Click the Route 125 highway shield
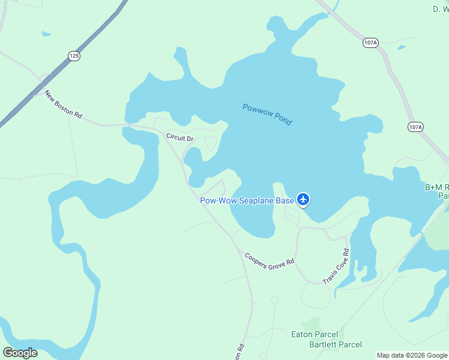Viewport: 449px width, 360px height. point(74,56)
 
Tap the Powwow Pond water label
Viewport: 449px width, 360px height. point(267,115)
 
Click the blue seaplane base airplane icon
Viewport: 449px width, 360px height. point(304,199)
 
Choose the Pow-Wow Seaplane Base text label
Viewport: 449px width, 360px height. point(247,200)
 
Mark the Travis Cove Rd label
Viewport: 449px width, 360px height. point(336,266)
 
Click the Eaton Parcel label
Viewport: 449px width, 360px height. point(314,334)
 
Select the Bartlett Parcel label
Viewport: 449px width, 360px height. point(336,344)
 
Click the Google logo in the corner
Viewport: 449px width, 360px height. point(20,353)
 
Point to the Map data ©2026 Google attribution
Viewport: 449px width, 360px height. point(412,355)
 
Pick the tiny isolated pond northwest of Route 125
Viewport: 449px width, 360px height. point(46,34)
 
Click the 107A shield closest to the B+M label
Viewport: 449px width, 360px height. point(415,127)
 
